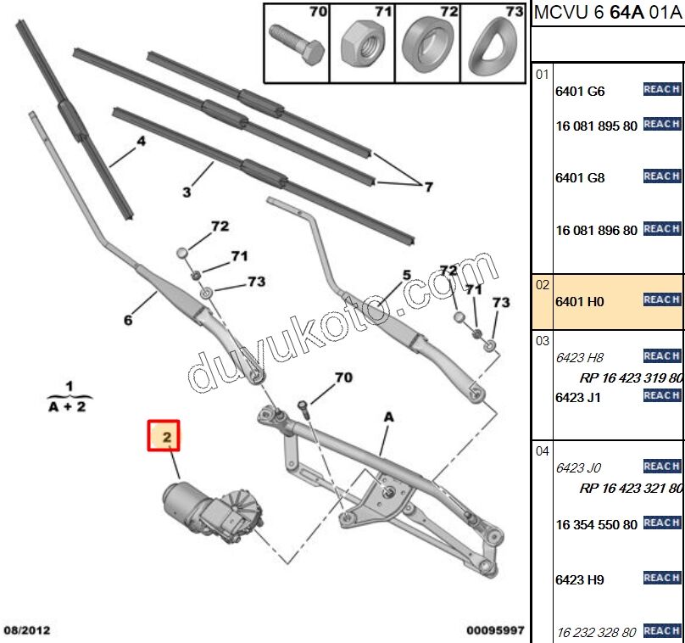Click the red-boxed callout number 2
(x=167, y=437)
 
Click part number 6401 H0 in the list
(x=580, y=301)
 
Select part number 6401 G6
(x=580, y=92)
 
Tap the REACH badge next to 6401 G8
(x=661, y=176)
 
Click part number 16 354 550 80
(x=596, y=525)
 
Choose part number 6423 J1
(x=578, y=397)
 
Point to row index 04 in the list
(x=542, y=452)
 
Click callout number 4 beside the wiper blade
(x=142, y=142)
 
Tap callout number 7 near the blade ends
(x=428, y=187)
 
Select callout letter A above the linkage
(x=388, y=417)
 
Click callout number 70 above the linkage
(x=342, y=377)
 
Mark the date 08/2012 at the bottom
(x=27, y=630)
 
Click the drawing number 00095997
(x=495, y=630)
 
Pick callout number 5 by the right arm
(x=406, y=275)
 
